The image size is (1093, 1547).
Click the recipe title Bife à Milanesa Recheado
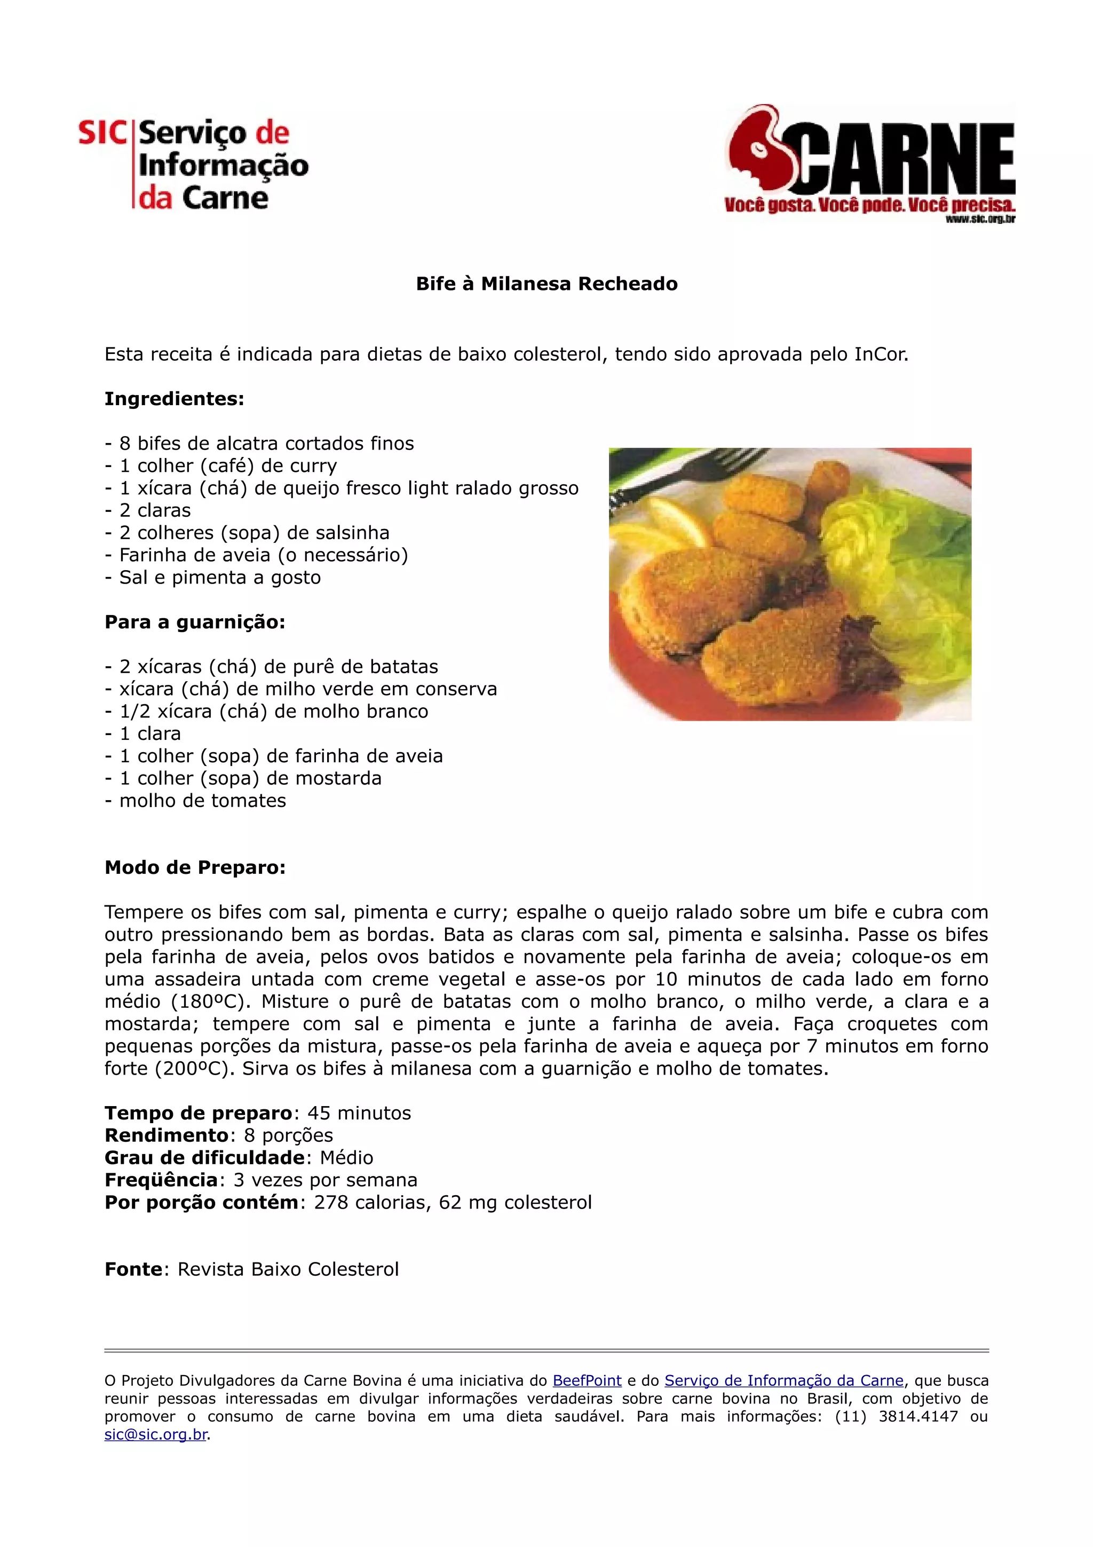click(x=546, y=283)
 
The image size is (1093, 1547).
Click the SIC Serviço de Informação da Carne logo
click(x=193, y=164)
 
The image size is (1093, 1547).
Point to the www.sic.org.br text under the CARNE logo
click(x=980, y=218)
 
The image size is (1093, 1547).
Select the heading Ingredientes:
click(x=175, y=399)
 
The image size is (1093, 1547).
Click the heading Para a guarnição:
click(x=195, y=622)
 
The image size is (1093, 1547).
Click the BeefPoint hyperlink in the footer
click(x=587, y=1380)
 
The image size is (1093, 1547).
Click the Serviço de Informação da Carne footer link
click(x=783, y=1380)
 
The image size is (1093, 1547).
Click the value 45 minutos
click(x=359, y=1113)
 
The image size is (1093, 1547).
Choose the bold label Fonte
click(x=133, y=1269)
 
